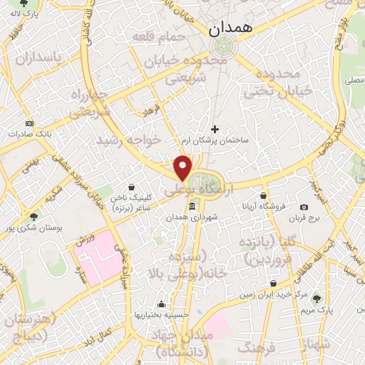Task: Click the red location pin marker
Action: (x=183, y=167)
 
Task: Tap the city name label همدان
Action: (x=227, y=29)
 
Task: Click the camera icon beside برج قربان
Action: (x=304, y=207)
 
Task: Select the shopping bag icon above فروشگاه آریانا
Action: (x=263, y=196)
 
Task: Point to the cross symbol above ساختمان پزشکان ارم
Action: (x=215, y=129)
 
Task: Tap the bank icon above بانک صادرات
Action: (x=29, y=123)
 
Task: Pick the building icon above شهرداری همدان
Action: (x=192, y=207)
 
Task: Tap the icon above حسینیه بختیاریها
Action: (x=162, y=303)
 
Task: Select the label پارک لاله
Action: (x=28, y=13)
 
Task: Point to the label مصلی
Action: (x=354, y=82)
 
